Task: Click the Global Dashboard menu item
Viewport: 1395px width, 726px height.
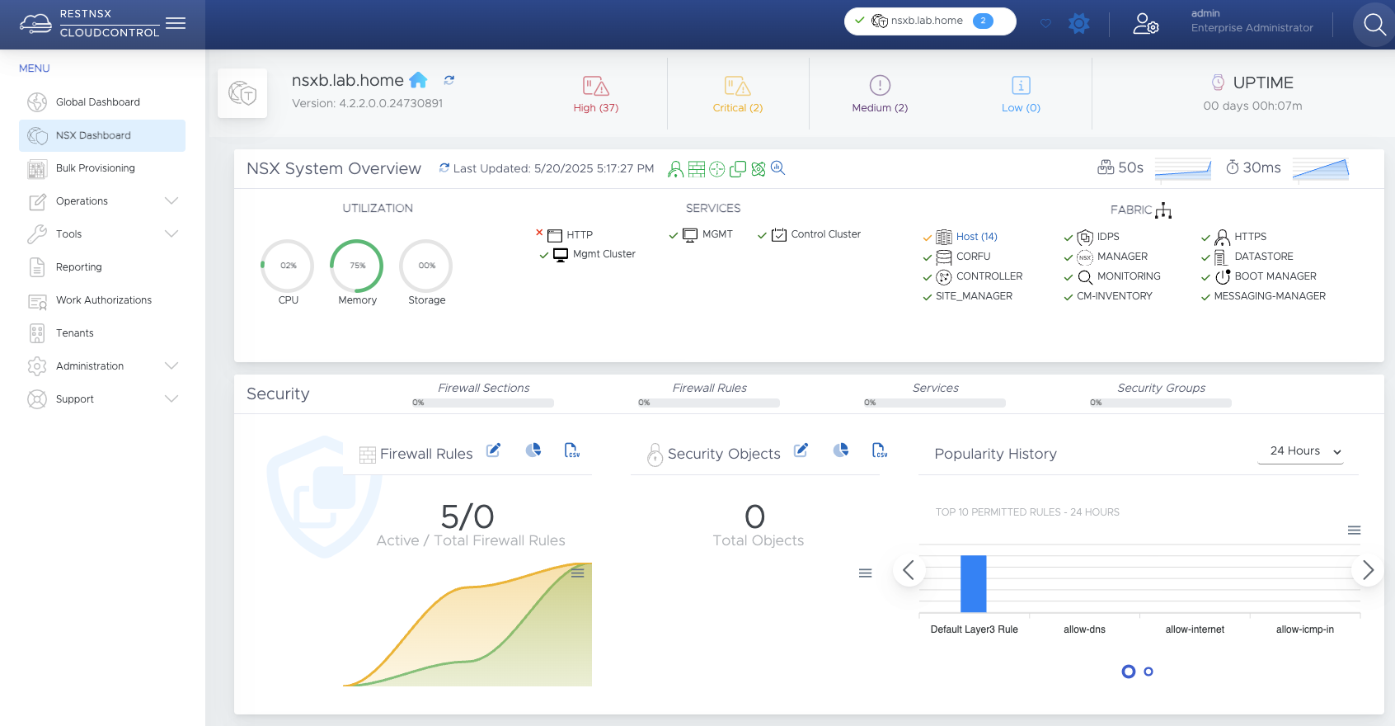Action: pyautogui.click(x=97, y=102)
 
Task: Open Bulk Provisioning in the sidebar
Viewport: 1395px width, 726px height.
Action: pyautogui.click(x=95, y=168)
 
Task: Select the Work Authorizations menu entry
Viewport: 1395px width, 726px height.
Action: pyautogui.click(x=103, y=300)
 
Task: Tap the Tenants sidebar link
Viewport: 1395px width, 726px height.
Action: pyautogui.click(x=74, y=333)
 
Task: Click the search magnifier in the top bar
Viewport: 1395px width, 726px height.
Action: pyautogui.click(x=1374, y=25)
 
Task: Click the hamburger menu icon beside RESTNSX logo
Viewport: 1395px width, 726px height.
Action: pyautogui.click(x=176, y=23)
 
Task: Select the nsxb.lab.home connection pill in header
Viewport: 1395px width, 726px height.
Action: pyautogui.click(x=929, y=21)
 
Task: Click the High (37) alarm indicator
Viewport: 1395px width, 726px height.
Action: pyautogui.click(x=595, y=94)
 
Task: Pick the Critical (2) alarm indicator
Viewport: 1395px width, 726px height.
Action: pyautogui.click(x=737, y=94)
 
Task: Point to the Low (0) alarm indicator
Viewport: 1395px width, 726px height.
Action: pyautogui.click(x=1021, y=94)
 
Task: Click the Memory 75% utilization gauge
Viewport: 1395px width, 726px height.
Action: pyautogui.click(x=357, y=266)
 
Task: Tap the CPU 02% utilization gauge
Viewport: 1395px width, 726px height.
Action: pyautogui.click(x=288, y=266)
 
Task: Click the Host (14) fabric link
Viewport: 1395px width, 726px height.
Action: pyautogui.click(x=976, y=237)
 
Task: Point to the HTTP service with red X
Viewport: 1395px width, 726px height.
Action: pyautogui.click(x=579, y=235)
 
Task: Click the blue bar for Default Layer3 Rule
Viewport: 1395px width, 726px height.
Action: pyautogui.click(x=974, y=583)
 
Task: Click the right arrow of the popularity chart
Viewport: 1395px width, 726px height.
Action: pyautogui.click(x=1368, y=570)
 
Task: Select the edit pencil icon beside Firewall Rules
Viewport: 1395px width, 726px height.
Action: pyautogui.click(x=493, y=450)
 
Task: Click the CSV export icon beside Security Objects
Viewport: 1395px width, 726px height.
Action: pyautogui.click(x=880, y=450)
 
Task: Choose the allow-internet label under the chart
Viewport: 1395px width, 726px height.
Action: pyautogui.click(x=1195, y=629)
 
